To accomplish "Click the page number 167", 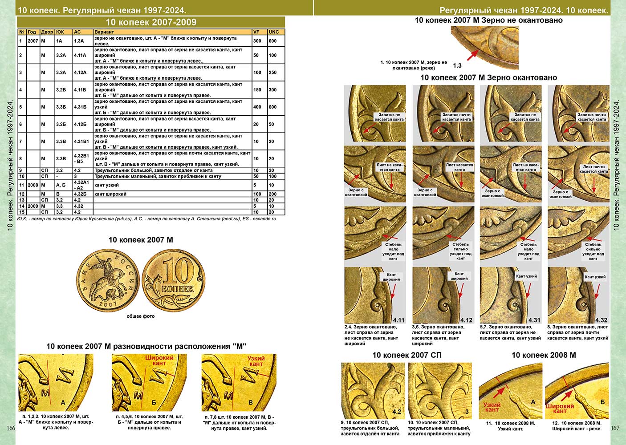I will tap(615, 428).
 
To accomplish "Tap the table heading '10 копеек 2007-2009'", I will tap(151, 22).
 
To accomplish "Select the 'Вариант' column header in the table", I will tap(104, 32).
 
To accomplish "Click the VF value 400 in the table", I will tap(257, 107).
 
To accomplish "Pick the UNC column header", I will tap(274, 32).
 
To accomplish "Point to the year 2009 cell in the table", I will tap(33, 206).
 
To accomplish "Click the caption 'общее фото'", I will tap(140, 316).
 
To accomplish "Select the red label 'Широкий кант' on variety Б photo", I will tap(159, 360).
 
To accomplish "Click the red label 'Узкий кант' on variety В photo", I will tap(256, 361).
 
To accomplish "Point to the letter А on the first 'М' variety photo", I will tap(63, 403).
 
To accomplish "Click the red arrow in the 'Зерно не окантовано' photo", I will tap(472, 55).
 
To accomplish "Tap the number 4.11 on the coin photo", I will tap(398, 320).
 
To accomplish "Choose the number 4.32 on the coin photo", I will tap(601, 320).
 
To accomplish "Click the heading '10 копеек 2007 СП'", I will tap(406, 355).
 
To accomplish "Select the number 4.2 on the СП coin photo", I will tap(397, 412).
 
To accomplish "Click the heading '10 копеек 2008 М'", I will tap(543, 355).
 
